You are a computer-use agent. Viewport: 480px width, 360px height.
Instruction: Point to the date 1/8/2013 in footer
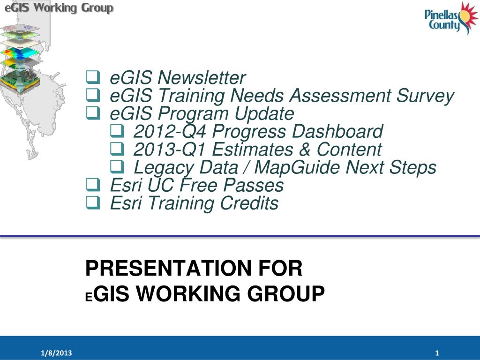tap(56, 353)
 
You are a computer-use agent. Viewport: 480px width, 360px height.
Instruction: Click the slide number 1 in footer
tap(436, 353)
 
